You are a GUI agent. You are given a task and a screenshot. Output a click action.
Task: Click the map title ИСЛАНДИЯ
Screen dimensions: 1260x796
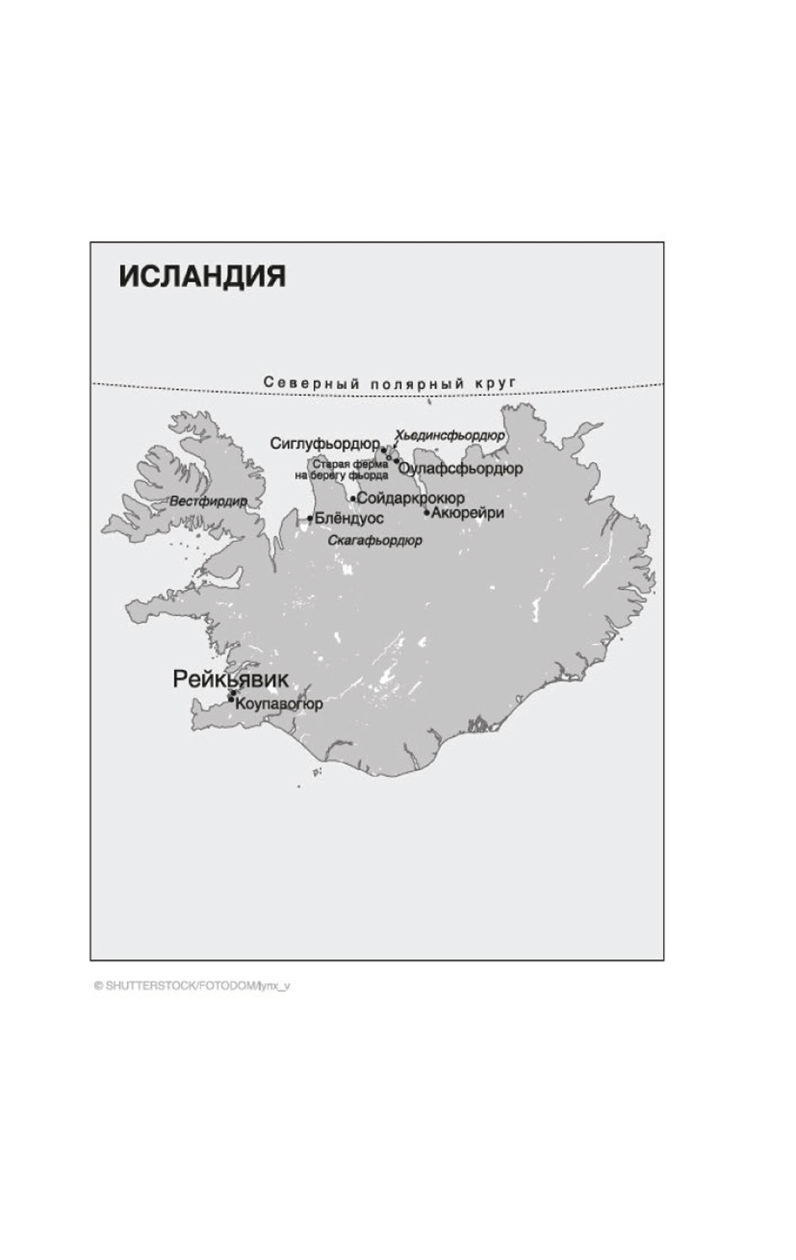point(202,276)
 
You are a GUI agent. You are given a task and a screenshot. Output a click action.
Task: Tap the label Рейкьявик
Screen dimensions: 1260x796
point(230,679)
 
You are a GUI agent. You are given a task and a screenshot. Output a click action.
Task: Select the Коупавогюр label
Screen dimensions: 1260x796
point(279,704)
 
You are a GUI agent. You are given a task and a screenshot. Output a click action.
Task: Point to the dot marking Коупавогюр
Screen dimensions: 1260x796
point(232,700)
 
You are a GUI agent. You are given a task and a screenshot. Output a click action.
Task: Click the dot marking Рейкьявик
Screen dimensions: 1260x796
point(232,693)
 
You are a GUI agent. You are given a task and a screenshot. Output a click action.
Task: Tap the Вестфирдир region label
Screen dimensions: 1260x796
point(208,501)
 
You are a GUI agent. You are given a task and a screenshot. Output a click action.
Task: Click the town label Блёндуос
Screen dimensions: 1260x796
point(349,518)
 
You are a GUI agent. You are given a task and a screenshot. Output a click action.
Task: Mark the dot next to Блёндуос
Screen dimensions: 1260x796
point(310,519)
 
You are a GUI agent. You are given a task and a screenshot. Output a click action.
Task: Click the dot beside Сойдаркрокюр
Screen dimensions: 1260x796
point(353,499)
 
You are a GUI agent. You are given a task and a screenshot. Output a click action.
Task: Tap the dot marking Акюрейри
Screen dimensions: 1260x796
point(427,513)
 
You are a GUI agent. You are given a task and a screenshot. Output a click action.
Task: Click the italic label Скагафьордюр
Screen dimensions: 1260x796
point(375,540)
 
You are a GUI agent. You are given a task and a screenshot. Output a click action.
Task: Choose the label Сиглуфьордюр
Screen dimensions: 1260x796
point(325,443)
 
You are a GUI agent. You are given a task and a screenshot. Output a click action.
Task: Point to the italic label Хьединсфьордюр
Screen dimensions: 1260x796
point(450,435)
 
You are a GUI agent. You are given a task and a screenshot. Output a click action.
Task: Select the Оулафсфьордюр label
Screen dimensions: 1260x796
point(461,468)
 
